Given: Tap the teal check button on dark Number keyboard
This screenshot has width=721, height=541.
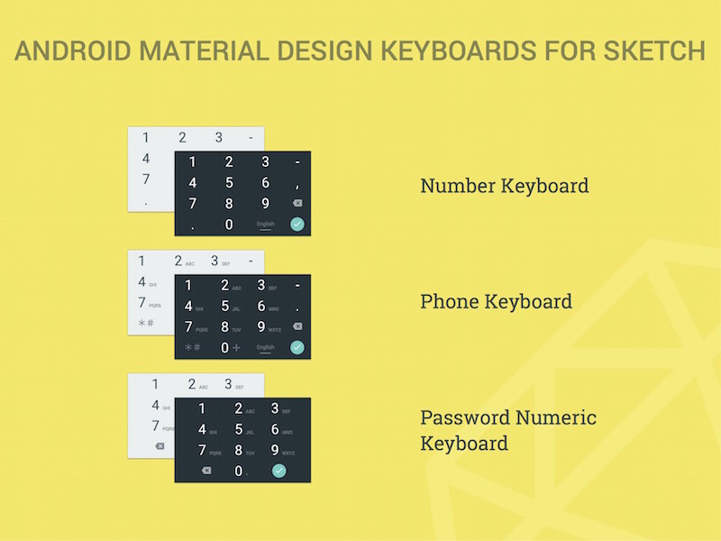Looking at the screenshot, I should [297, 225].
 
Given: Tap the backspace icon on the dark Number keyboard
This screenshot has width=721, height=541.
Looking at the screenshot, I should [297, 204].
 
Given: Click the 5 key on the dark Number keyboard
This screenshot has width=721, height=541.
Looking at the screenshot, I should [229, 183].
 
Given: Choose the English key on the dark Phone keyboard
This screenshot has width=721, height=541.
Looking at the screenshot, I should [265, 347].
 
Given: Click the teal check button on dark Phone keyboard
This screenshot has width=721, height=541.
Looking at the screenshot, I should [297, 347].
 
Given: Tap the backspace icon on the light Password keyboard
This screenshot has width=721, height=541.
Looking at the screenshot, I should [160, 446].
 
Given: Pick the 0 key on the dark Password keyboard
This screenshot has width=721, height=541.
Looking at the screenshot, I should [239, 471].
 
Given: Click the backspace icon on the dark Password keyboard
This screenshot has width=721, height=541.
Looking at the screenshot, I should [206, 471].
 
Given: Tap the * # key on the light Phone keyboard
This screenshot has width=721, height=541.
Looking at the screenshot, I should [145, 323].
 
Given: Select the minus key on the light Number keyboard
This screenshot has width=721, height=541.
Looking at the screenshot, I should [250, 138].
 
